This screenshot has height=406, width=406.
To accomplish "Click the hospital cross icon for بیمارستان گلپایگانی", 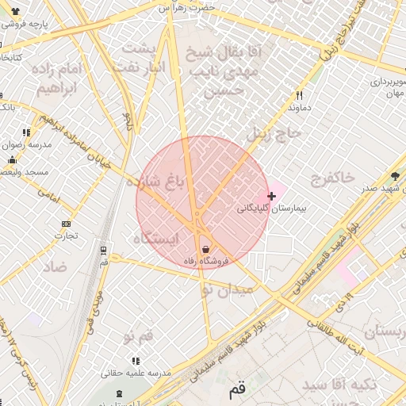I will pyautogui.click(x=272, y=195).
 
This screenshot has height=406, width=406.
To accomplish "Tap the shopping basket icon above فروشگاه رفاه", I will pyautogui.click(x=205, y=249).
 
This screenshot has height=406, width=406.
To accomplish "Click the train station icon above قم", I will pyautogui.click(x=104, y=251).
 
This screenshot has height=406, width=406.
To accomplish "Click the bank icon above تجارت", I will pyautogui.click(x=66, y=224).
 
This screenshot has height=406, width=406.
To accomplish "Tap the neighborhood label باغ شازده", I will pyautogui.click(x=159, y=181).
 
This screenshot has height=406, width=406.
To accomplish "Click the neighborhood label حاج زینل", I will pyautogui.click(x=274, y=134).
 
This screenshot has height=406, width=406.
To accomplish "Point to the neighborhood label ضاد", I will pyautogui.click(x=56, y=266).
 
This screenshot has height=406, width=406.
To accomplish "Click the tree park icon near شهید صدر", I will pyautogui.click(x=396, y=176).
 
